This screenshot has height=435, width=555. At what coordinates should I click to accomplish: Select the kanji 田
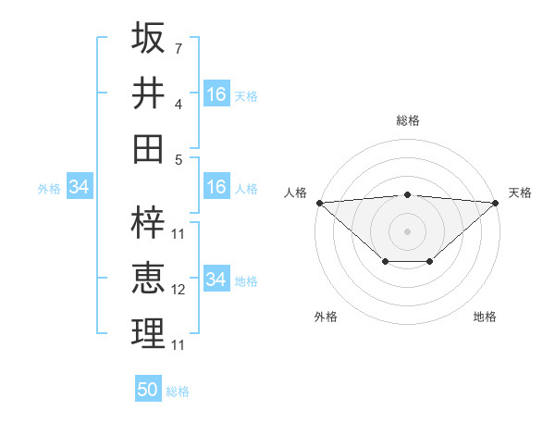(149, 149)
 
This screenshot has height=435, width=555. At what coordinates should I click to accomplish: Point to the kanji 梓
(149, 223)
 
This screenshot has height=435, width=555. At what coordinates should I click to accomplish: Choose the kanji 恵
(149, 279)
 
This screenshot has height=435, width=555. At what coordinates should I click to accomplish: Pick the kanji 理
(149, 334)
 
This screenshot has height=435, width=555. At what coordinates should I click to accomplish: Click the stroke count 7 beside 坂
(179, 48)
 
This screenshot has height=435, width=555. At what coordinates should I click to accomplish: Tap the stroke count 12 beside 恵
(179, 290)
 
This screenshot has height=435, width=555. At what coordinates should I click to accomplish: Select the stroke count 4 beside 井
(179, 104)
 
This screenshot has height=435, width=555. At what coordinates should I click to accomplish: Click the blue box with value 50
(148, 390)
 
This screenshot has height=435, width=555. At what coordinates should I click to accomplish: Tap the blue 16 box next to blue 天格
(216, 94)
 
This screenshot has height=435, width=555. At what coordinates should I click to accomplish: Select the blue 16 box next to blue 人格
(216, 187)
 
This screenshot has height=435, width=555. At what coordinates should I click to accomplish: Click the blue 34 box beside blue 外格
(80, 188)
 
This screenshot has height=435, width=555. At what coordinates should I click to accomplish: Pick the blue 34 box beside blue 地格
(216, 280)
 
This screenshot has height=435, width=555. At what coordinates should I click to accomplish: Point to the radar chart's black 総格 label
(408, 120)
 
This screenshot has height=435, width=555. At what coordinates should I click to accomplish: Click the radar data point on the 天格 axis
(496, 203)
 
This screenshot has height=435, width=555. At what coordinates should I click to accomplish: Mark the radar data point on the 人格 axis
(319, 203)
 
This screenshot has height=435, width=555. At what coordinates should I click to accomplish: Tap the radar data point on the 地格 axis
(430, 263)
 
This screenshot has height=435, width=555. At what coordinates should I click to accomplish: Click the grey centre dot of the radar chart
(408, 230)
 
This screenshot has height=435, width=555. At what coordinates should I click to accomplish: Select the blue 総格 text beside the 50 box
(178, 391)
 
